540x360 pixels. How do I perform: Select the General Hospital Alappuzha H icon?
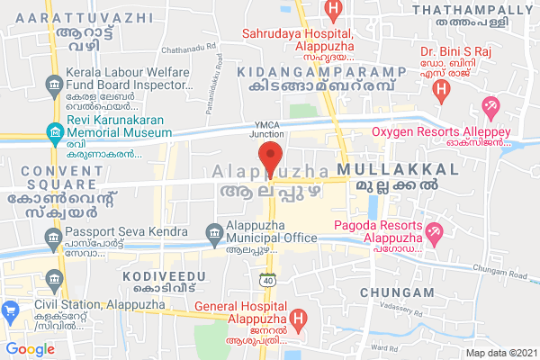click(x=299, y=319)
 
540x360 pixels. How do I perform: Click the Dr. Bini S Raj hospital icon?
click(x=441, y=90)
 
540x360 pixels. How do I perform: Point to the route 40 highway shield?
click(x=267, y=281)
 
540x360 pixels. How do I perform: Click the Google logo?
click(x=30, y=349)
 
